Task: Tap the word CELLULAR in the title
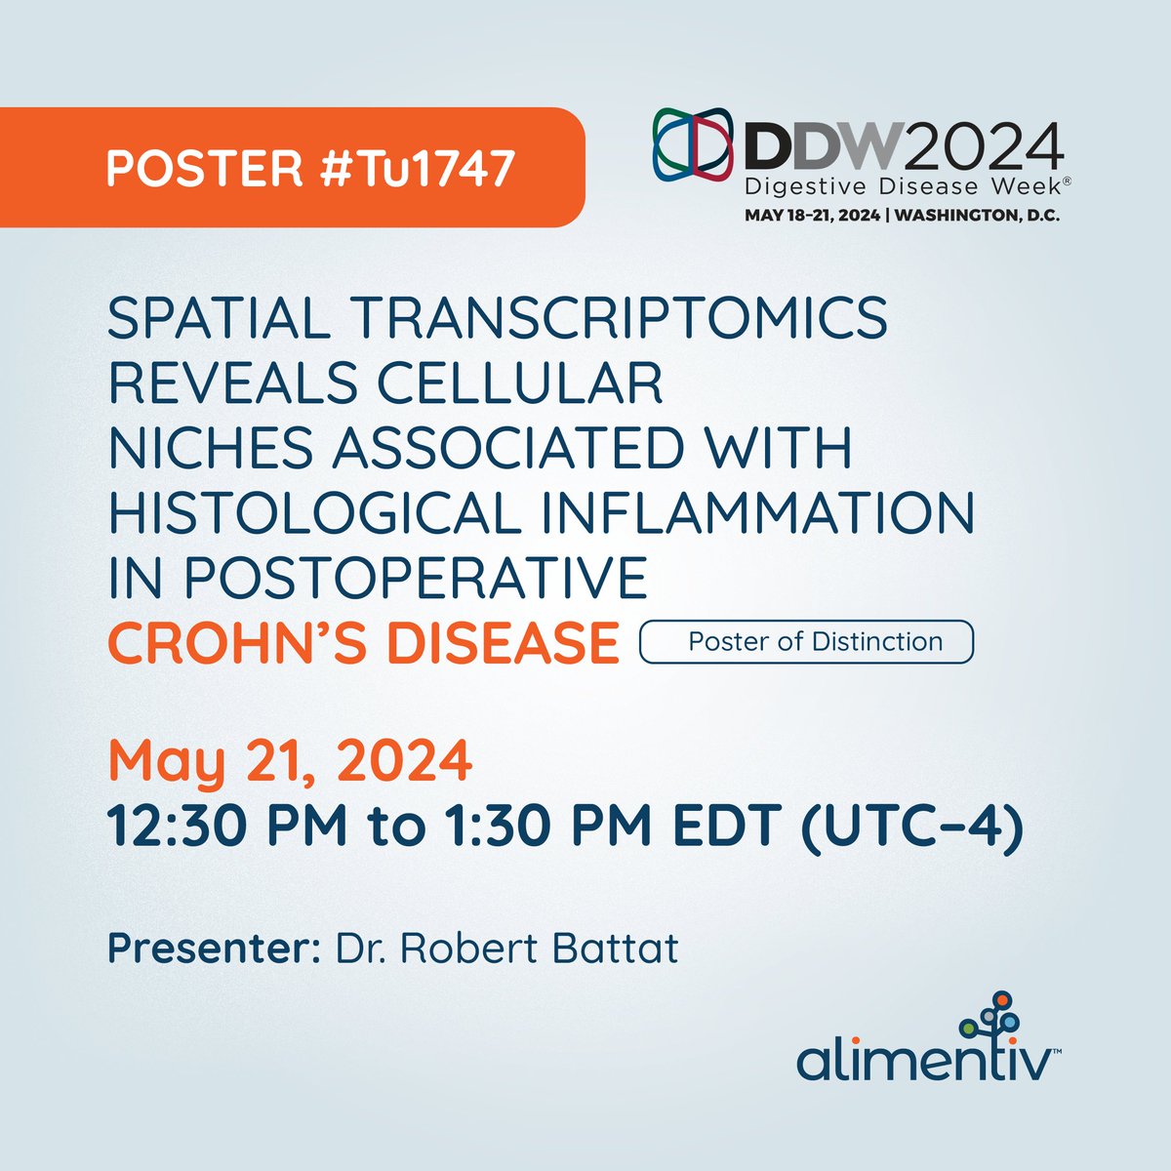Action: (520, 382)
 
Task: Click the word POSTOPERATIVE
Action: (415, 579)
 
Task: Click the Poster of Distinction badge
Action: (806, 642)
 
